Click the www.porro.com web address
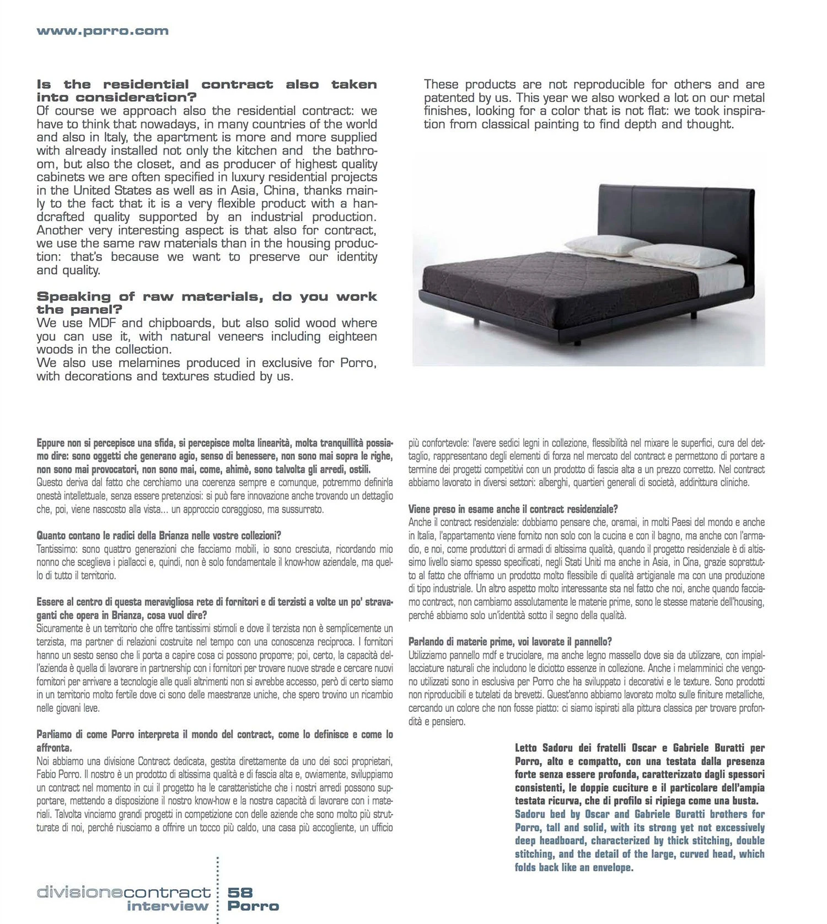tap(103, 31)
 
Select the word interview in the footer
tap(168, 906)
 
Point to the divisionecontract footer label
tap(123, 893)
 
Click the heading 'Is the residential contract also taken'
tap(207, 85)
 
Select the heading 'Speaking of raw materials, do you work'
tap(207, 297)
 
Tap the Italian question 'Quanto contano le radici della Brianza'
tap(159, 535)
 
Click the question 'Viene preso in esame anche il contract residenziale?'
tap(513, 509)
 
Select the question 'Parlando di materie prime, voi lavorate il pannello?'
tap(510, 642)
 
